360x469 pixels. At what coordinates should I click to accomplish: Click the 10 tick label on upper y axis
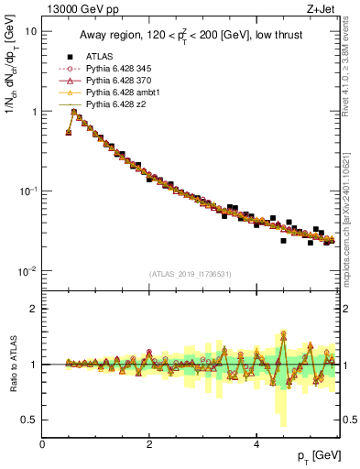[x=30, y=31]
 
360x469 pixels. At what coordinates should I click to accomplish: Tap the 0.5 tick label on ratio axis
[x=28, y=420]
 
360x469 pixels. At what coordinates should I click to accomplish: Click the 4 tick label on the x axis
[x=256, y=443]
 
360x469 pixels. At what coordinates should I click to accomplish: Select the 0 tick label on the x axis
[x=42, y=443]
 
